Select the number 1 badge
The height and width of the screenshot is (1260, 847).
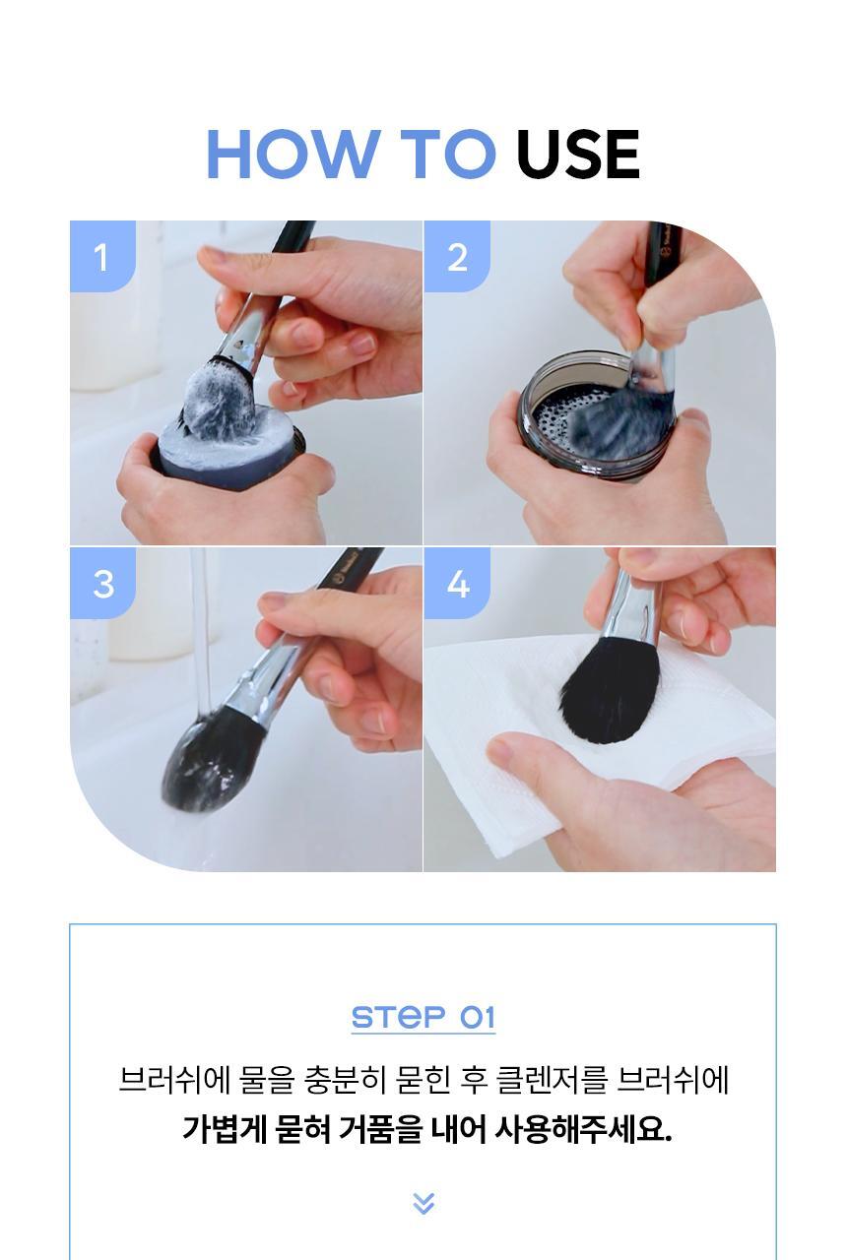point(101,257)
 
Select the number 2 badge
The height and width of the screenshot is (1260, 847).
point(457,257)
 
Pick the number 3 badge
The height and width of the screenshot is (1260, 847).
point(102,584)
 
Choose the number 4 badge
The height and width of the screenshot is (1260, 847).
point(457,584)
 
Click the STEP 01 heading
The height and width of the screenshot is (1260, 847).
point(423,1017)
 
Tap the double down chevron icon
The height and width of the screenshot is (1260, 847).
point(423,1203)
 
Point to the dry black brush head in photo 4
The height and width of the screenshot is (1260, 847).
point(608,690)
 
